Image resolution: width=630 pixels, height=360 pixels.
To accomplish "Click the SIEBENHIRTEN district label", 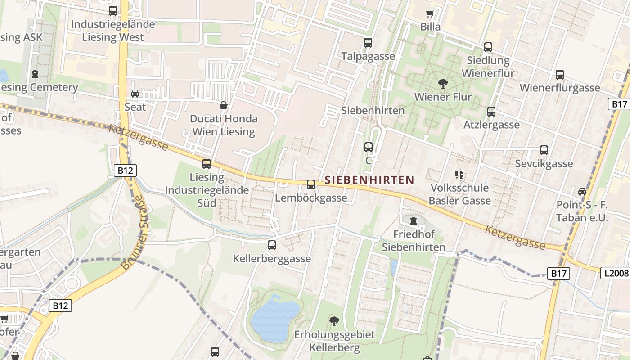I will [369, 180].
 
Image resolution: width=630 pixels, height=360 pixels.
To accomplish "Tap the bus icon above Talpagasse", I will [368, 43].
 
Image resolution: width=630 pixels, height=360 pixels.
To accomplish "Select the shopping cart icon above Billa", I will [430, 13].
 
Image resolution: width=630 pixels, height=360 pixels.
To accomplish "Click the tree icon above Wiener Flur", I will [443, 83].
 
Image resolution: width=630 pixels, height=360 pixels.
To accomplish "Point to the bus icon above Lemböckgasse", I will [311, 184].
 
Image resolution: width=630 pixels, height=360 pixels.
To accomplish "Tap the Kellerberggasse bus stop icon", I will [271, 245].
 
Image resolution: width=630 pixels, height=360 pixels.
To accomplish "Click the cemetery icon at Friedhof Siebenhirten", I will [413, 221].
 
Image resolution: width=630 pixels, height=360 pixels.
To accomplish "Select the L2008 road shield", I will [615, 273].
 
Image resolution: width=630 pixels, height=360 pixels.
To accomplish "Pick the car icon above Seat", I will [135, 94].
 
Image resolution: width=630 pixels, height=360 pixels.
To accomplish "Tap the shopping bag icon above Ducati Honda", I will [223, 105].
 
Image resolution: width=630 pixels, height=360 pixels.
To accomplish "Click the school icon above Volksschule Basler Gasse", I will [459, 174].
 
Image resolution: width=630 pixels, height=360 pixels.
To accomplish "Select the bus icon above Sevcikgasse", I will [544, 150].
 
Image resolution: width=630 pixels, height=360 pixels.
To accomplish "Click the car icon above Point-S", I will [582, 191].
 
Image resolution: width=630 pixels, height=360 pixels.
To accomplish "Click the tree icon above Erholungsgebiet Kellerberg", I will [334, 321].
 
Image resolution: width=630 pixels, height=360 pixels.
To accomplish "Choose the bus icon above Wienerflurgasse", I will [559, 75].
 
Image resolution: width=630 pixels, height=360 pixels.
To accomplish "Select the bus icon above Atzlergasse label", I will [491, 111].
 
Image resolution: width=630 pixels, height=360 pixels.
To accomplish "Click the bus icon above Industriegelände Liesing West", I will [113, 11].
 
